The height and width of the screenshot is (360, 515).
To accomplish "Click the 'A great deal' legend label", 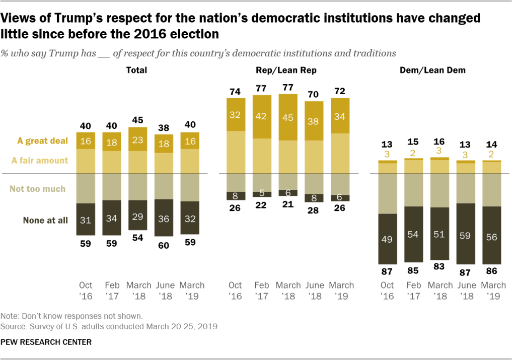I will coord(42,141).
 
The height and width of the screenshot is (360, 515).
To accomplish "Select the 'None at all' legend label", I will coord(45,220).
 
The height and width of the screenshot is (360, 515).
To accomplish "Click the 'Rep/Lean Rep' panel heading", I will coord(292,70).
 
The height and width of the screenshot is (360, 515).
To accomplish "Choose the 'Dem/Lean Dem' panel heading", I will coord(440,70).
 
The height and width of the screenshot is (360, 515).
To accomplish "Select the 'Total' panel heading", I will coord(136,70).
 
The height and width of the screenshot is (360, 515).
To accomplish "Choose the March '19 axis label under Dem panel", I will coord(493,291).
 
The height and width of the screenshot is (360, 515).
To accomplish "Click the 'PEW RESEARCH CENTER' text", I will coord(46,342).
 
